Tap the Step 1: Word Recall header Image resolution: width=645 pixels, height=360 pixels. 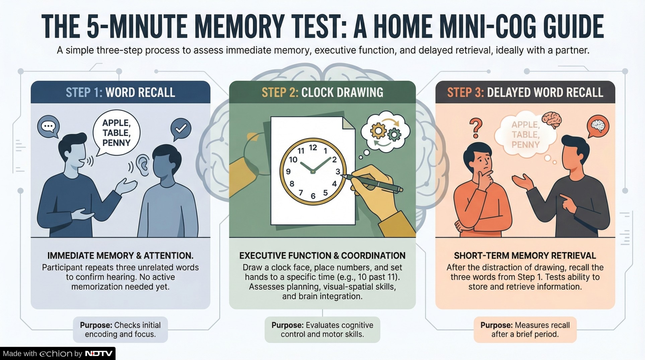click(120, 92)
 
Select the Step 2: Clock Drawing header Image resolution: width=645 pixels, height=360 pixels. click(322, 92)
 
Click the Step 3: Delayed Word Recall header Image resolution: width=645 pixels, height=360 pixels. click(525, 92)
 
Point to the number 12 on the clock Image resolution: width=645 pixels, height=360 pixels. click(313, 147)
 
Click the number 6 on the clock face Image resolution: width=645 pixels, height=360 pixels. click(313, 196)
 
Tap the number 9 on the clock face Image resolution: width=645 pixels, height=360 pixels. click(288, 172)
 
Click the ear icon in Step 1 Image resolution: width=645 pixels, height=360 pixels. click(143, 165)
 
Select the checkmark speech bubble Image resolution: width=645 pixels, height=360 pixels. click(181, 129)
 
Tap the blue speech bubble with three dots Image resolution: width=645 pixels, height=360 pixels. click(49, 127)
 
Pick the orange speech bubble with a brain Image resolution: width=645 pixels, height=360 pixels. click(598, 126)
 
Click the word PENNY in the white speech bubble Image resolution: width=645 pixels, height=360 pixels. click(116, 143)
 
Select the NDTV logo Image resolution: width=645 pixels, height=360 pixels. click(99, 354)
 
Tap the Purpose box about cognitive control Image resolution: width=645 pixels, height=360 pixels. click(322, 330)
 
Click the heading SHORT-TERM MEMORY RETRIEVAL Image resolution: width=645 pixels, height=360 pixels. click(525, 256)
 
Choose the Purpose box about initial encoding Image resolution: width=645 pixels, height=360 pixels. click(120, 330)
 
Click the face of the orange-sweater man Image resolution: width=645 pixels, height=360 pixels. click(481, 163)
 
